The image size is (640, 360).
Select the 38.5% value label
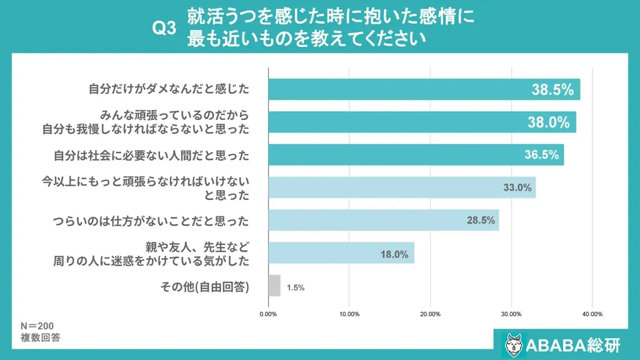click(x=552, y=89)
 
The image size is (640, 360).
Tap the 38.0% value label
click(x=549, y=122)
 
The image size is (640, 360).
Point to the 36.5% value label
click(x=541, y=155)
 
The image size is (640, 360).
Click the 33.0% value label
click(x=517, y=187)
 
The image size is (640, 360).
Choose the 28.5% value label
click(x=481, y=220)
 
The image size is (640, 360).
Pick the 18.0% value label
click(x=394, y=254)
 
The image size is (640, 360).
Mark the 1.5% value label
click(x=296, y=287)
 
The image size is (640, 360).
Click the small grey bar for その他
click(x=274, y=286)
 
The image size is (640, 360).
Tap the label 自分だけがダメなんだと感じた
click(x=169, y=89)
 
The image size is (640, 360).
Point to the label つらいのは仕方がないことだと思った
click(x=151, y=221)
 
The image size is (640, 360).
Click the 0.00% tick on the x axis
click(x=268, y=314)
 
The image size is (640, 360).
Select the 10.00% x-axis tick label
click(x=349, y=314)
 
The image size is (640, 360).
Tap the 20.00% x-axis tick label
click(x=430, y=314)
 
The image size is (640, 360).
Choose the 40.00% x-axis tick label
click(x=592, y=314)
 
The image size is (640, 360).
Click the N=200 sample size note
click(x=38, y=326)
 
